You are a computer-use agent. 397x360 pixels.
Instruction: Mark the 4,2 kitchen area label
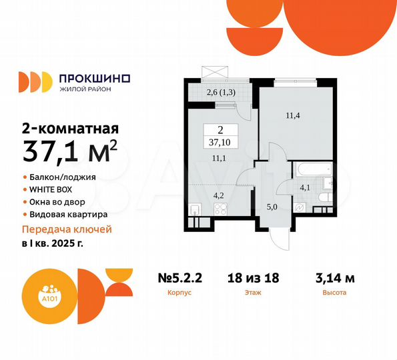[x=219, y=196]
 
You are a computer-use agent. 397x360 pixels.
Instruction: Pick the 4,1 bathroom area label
[x=304, y=187]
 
